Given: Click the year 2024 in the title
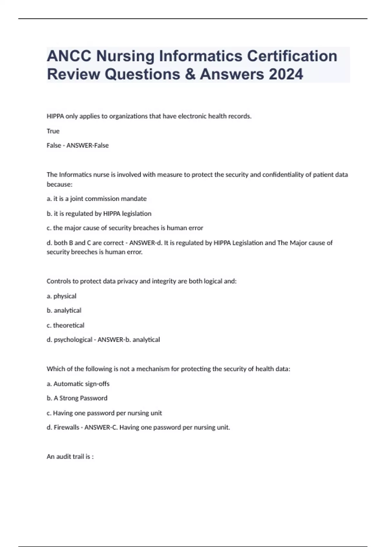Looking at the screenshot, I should (x=286, y=74).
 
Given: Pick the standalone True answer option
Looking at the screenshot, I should (x=53, y=131).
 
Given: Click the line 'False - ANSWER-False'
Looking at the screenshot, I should (x=78, y=145).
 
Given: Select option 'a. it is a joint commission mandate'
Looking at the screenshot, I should (x=96, y=199).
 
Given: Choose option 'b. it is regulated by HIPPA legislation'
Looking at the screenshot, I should (x=99, y=214).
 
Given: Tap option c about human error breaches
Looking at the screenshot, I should (x=125, y=228).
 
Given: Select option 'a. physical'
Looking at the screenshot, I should (x=61, y=296).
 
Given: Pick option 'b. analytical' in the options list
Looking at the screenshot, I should (x=64, y=311).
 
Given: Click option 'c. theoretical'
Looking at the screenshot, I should (x=65, y=325).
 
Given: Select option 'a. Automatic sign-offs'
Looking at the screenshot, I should (x=78, y=384).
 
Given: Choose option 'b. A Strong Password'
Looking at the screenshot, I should (x=77, y=398).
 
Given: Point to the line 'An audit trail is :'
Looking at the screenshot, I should (x=70, y=457).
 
